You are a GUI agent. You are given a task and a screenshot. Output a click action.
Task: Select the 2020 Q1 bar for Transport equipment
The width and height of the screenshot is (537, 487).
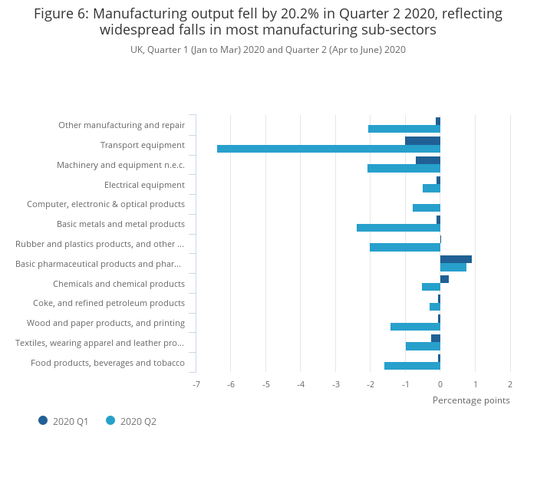[x=423, y=140]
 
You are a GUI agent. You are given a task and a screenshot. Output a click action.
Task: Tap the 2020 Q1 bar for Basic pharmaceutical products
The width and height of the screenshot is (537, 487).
[x=456, y=259]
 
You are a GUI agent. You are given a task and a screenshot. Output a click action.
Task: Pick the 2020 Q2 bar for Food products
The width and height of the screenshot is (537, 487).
[x=412, y=366]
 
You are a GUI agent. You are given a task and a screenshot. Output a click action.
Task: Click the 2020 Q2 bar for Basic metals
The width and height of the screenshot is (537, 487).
[x=398, y=228]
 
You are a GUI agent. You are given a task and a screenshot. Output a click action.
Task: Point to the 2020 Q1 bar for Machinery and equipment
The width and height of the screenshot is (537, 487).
[x=428, y=160]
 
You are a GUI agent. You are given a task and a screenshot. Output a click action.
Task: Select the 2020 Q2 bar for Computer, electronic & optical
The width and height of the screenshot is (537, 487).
[x=427, y=208]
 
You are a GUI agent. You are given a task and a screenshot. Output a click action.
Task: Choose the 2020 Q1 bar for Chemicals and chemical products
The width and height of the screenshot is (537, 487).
[x=444, y=279]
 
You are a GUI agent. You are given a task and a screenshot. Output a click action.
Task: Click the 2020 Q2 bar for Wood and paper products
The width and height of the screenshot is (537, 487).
[x=415, y=327]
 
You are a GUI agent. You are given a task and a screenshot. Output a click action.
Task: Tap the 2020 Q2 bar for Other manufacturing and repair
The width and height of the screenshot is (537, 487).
[x=404, y=129]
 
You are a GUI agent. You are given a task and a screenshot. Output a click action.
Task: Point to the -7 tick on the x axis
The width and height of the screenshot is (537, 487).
[x=196, y=383]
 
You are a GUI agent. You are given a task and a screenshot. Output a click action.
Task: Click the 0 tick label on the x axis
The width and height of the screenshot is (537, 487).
[x=440, y=383]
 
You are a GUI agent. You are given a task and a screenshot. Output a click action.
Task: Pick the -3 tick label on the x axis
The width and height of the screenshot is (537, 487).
[x=335, y=383]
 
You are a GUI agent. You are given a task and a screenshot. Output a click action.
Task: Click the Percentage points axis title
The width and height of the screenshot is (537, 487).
[x=471, y=400]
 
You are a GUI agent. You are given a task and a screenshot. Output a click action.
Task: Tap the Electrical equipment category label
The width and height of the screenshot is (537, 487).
[x=144, y=185]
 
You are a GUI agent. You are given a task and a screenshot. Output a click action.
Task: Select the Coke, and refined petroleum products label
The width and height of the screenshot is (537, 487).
[x=109, y=303]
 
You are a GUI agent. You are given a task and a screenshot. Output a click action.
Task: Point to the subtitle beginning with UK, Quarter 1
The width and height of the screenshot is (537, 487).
[x=268, y=50]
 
